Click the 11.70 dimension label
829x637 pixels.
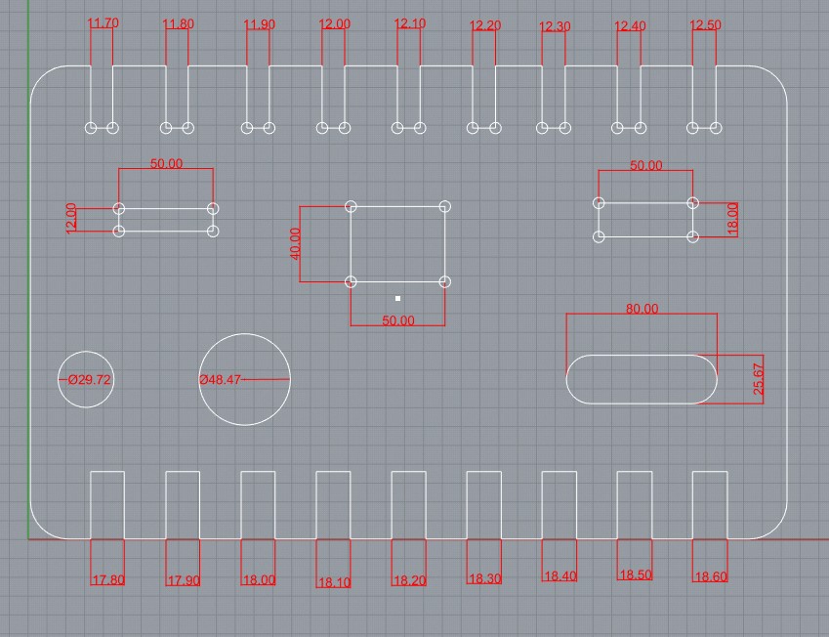click(103, 22)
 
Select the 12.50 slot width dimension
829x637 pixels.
click(705, 24)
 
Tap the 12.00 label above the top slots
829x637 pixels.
click(334, 23)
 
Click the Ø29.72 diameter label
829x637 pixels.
click(88, 379)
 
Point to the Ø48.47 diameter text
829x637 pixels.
click(220, 379)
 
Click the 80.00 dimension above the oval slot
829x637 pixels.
click(642, 309)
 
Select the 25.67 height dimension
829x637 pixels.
click(759, 377)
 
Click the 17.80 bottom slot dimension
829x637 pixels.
click(107, 579)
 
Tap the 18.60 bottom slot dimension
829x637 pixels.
click(710, 576)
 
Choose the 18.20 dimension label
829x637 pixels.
click(409, 580)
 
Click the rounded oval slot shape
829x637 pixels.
click(642, 378)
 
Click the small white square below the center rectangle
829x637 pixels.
click(398, 298)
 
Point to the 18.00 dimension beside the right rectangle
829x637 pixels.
click(732, 219)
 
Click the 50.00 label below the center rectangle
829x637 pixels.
click(398, 320)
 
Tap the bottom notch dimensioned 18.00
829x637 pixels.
click(258, 504)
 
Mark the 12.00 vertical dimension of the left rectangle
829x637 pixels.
click(71, 218)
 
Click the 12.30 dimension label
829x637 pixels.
click(555, 26)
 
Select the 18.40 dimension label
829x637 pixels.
click(560, 576)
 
